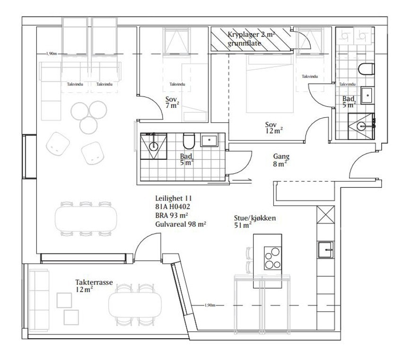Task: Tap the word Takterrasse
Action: point(94,282)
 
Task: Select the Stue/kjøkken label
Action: point(254,218)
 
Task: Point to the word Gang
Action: point(281,157)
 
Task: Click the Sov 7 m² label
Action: point(171,102)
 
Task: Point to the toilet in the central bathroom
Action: point(189,141)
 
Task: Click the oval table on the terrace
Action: point(135,303)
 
